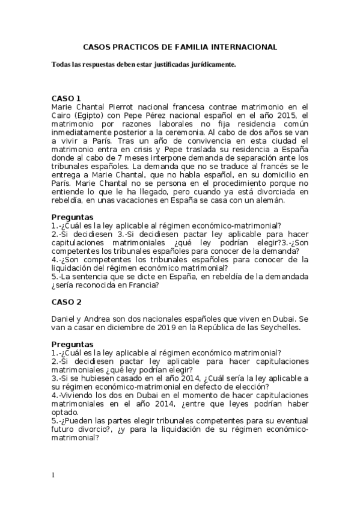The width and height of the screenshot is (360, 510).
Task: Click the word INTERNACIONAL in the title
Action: click(x=246, y=46)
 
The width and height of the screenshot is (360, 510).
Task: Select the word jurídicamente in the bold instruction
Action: click(x=211, y=64)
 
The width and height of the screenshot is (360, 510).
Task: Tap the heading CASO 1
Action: click(x=66, y=98)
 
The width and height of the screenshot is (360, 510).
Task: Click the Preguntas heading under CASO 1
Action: click(x=73, y=217)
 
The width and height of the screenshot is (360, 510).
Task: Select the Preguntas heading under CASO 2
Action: click(x=73, y=345)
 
